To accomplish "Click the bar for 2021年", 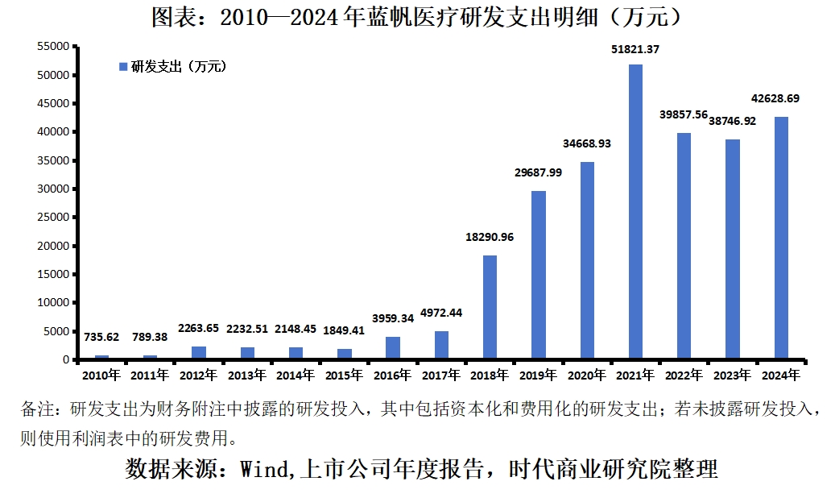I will (635, 212).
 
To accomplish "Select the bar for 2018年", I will (490, 307).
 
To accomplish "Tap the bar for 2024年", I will (781, 238).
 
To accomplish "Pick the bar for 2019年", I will (539, 275).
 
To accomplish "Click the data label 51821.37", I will (635, 49).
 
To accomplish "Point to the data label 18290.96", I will (490, 237).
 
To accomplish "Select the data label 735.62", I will (101, 338).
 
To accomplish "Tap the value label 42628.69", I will (781, 98).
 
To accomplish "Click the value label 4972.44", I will (441, 313).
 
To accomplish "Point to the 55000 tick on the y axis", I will (56, 47).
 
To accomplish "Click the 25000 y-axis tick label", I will (56, 218).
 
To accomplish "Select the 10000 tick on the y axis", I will (56, 303).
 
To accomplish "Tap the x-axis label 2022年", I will (684, 375).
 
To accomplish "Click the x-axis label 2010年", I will (101, 375).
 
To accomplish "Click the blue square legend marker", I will (123, 67).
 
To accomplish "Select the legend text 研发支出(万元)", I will (179, 67).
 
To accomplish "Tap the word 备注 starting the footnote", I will (38, 409).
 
